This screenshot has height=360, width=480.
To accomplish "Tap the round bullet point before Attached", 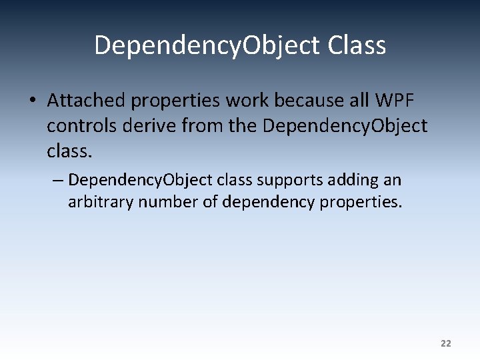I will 31,101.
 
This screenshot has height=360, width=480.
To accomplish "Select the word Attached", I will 86,101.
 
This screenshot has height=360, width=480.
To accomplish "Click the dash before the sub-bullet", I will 57,180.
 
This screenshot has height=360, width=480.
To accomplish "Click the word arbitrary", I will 101,201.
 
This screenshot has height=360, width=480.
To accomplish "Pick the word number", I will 168,201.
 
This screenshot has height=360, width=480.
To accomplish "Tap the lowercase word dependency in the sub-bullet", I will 267,202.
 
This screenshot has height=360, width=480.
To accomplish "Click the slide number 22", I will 446,343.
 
